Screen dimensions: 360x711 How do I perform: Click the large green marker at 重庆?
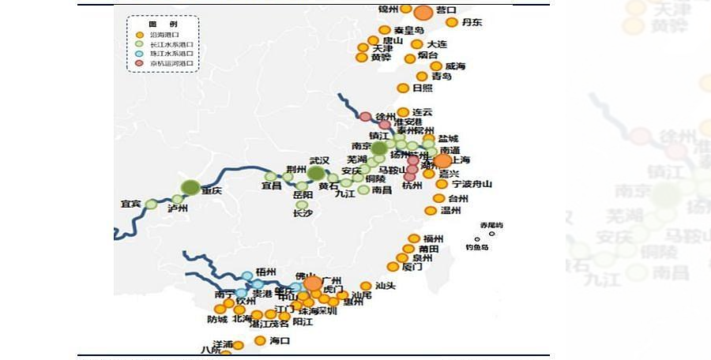[x=190, y=187]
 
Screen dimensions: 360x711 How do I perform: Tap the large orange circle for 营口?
[x=424, y=13]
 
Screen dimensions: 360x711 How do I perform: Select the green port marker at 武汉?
[x=317, y=173]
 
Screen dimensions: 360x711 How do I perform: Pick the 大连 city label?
[x=436, y=44]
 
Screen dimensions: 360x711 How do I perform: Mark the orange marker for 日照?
[x=403, y=88]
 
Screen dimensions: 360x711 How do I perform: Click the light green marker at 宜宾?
[x=151, y=204]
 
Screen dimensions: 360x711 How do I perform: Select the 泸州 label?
[x=179, y=209]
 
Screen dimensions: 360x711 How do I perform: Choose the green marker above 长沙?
[x=302, y=204]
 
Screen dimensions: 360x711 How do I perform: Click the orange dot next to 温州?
[x=431, y=211]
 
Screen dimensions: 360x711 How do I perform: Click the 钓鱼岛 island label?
[x=478, y=247]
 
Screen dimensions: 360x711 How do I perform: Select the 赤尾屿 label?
[x=491, y=225]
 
